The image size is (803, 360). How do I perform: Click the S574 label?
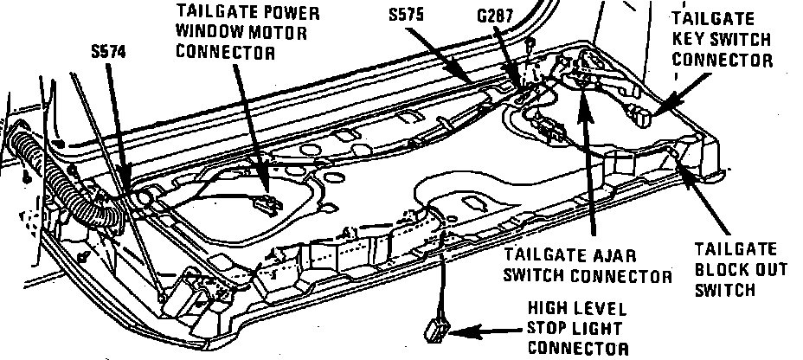107,52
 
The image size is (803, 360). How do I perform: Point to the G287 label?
496,16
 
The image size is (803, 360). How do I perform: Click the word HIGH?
549,309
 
